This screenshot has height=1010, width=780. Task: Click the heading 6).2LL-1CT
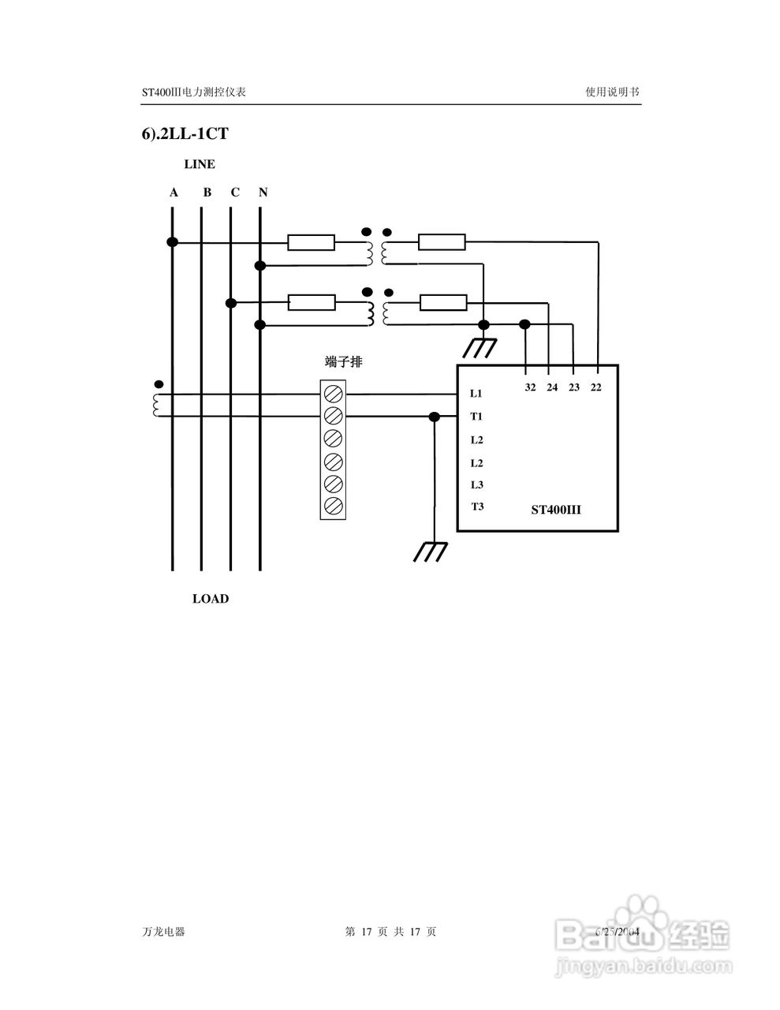coord(185,134)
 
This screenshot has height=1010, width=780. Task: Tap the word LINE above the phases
coord(200,165)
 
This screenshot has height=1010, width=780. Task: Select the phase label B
coord(207,193)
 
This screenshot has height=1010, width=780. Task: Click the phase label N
coord(263,193)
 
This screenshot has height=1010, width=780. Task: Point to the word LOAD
coord(211,599)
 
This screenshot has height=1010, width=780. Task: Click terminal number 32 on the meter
coord(530,387)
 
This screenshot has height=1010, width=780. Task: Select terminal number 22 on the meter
coord(595,387)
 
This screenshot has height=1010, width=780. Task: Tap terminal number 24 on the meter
coord(552,387)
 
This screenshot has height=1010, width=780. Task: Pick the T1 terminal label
coord(476,417)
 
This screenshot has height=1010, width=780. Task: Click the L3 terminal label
coord(476,485)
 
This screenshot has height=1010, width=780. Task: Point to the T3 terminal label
coord(477,507)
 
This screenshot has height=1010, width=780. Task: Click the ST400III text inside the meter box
coord(555,510)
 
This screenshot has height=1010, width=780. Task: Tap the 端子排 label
coord(344,362)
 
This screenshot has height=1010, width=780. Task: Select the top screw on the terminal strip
coord(333,393)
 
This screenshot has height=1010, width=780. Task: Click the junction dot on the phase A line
coord(172,241)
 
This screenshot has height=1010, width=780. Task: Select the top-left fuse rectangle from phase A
coord(311,242)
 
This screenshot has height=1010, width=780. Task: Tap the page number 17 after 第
coord(366,932)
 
